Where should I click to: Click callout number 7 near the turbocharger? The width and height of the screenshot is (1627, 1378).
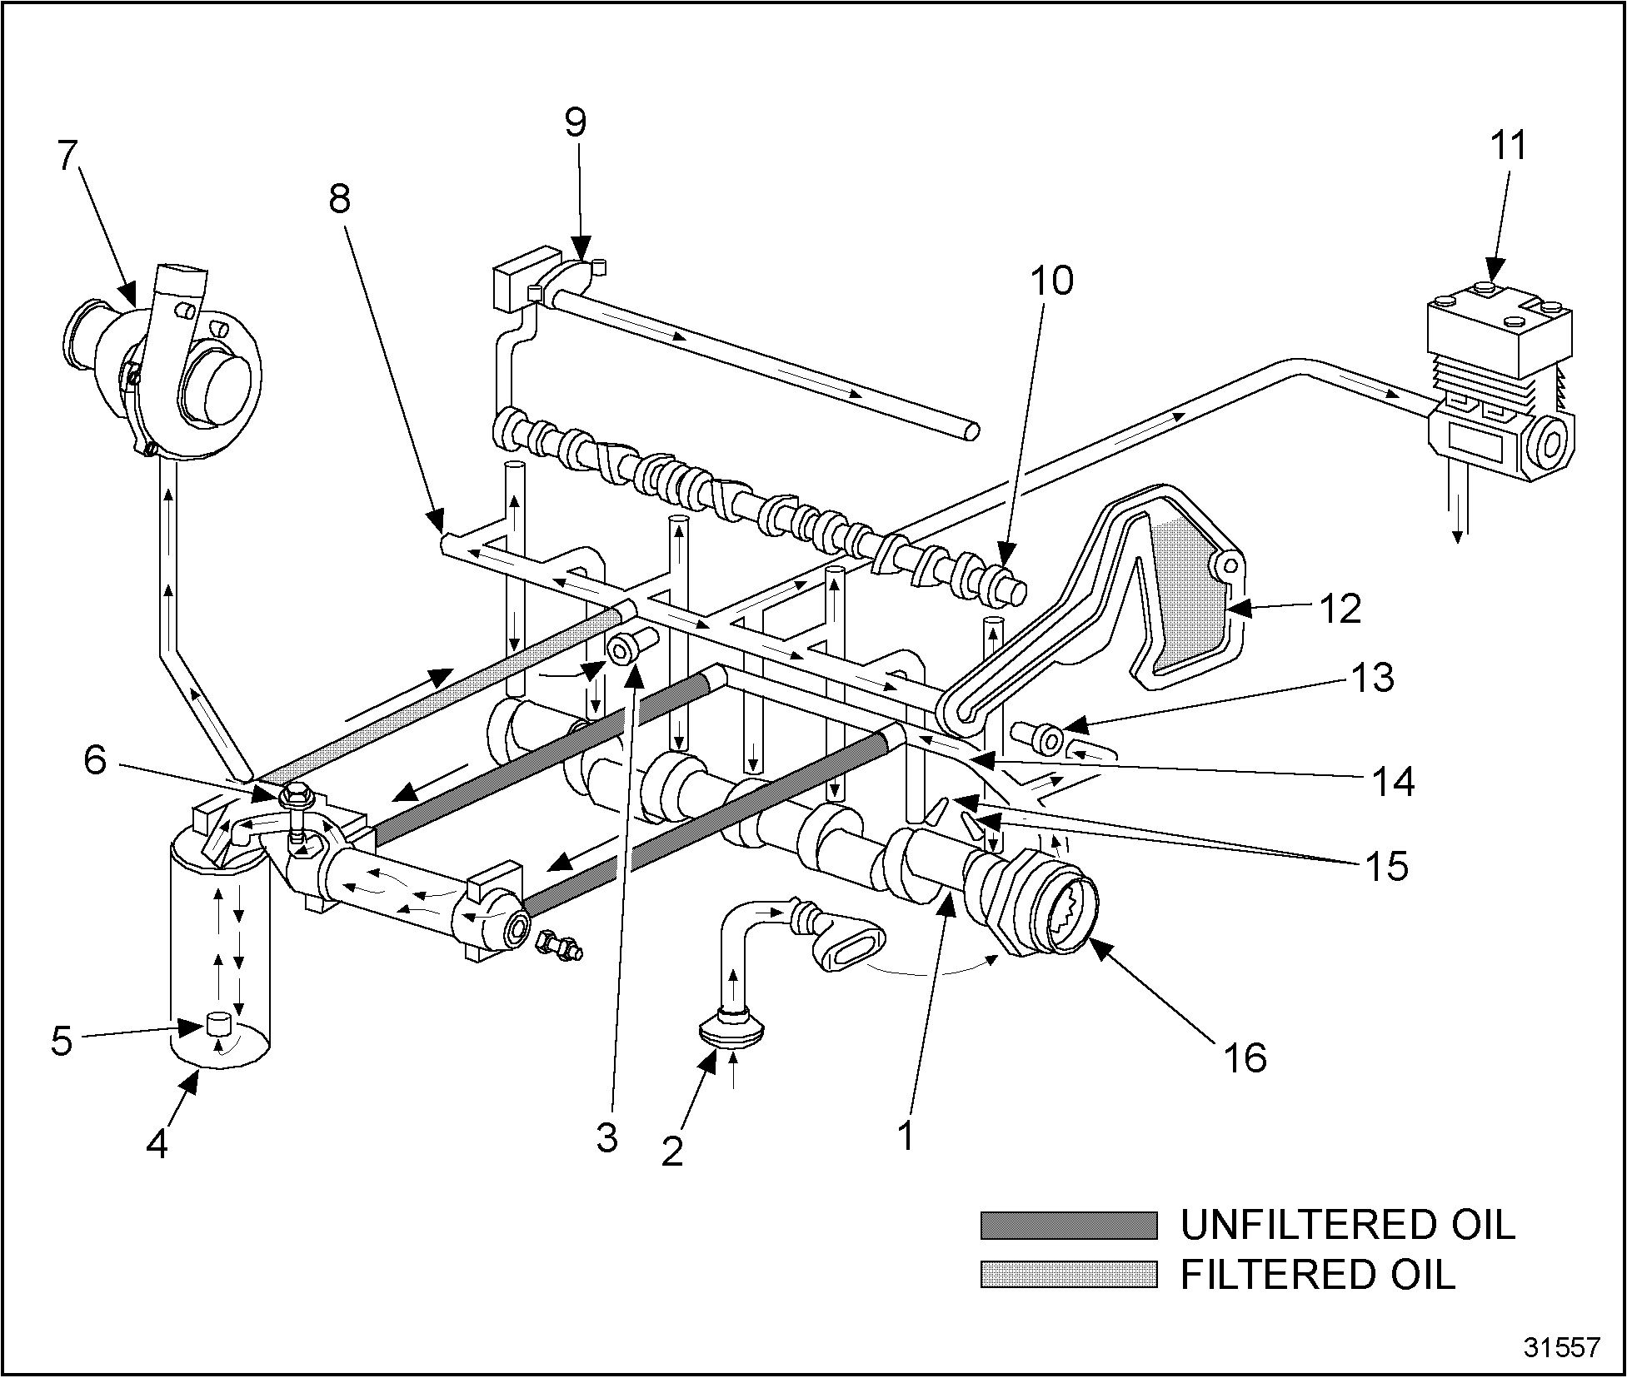[69, 156]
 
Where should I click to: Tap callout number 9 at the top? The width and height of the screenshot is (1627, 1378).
[575, 123]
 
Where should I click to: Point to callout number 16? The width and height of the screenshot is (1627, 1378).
[1245, 1057]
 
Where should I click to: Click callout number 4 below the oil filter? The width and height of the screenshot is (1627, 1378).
[157, 1144]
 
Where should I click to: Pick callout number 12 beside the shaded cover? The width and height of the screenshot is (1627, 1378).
[1340, 609]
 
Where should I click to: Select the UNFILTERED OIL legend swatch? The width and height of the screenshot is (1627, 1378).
[1069, 1226]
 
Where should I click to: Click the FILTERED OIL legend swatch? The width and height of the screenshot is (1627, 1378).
[1069, 1275]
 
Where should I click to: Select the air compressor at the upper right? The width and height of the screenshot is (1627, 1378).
[1500, 391]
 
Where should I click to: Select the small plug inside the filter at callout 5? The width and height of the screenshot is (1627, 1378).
[218, 1023]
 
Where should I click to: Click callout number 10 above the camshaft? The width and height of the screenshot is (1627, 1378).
[1052, 281]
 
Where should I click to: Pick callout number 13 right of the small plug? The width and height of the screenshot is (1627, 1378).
[1373, 678]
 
